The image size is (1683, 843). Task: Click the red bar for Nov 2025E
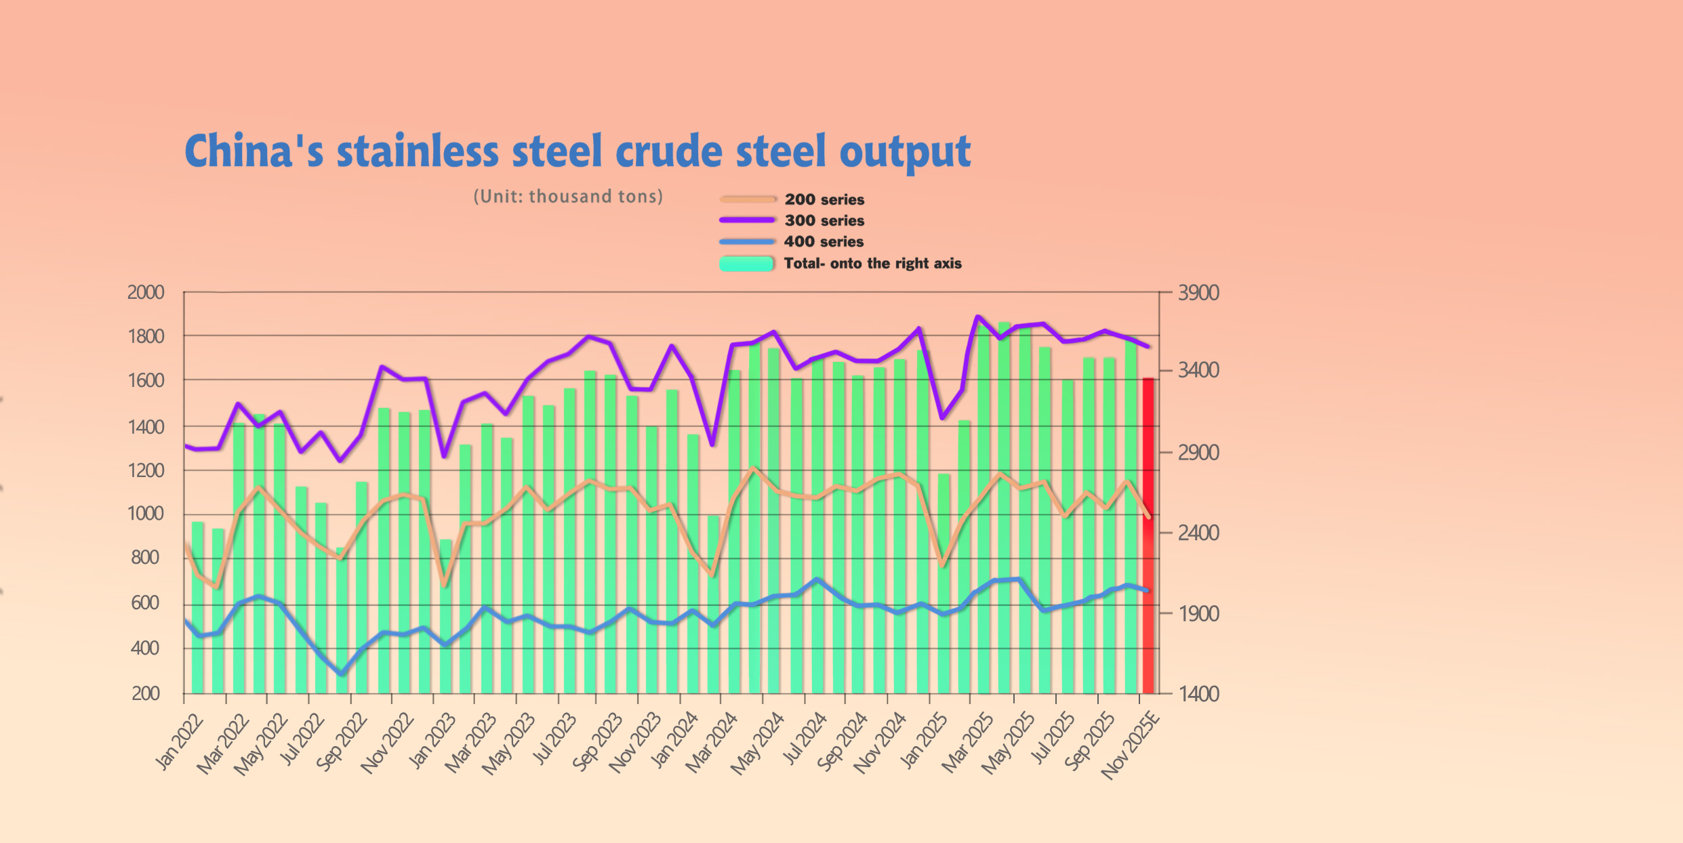click(x=1148, y=535)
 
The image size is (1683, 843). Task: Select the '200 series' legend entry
click(x=824, y=199)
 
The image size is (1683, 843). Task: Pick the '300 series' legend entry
click(x=824, y=220)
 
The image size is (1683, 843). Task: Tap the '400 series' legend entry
click(x=824, y=241)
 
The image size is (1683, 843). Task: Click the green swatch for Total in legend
click(x=746, y=264)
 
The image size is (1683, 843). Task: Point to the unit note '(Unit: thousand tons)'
click(x=568, y=197)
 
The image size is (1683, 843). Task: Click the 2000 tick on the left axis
click(x=146, y=293)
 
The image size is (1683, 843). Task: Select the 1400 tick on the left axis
click(x=146, y=427)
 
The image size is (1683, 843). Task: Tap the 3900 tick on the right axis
click(x=1198, y=293)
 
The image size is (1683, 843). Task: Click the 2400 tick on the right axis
click(x=1198, y=533)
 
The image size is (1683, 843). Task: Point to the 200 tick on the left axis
click(x=146, y=693)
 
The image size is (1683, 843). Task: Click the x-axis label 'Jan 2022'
click(x=179, y=741)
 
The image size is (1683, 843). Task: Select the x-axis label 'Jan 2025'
click(x=924, y=741)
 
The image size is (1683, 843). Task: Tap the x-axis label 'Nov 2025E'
click(x=1131, y=745)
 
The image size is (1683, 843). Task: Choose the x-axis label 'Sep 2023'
click(x=596, y=741)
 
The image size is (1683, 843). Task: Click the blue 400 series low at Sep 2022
click(x=342, y=674)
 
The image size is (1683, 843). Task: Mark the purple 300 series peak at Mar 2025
click(x=977, y=316)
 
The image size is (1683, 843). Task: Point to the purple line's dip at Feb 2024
click(x=712, y=445)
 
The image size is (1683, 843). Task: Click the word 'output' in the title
click(x=905, y=151)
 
